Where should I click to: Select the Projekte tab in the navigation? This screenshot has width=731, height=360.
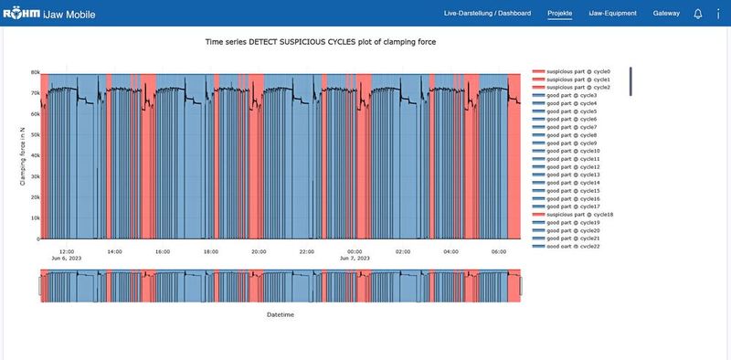pos(560,14)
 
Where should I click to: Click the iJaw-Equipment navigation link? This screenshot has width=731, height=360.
pos(612,14)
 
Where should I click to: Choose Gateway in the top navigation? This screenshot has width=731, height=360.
pos(666,14)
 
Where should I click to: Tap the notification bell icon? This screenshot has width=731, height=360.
pos(698,14)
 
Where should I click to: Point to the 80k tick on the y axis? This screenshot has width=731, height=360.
pos(34,72)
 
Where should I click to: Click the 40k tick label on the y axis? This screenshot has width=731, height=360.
pos(34,156)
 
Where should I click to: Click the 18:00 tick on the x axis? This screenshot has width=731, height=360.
pos(210,251)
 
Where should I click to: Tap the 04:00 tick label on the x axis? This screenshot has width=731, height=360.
pos(450,251)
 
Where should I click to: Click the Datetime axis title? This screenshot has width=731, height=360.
pos(280,314)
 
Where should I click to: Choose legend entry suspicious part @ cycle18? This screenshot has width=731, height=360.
pos(574,215)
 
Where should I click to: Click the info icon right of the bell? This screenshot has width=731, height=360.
pos(718,14)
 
